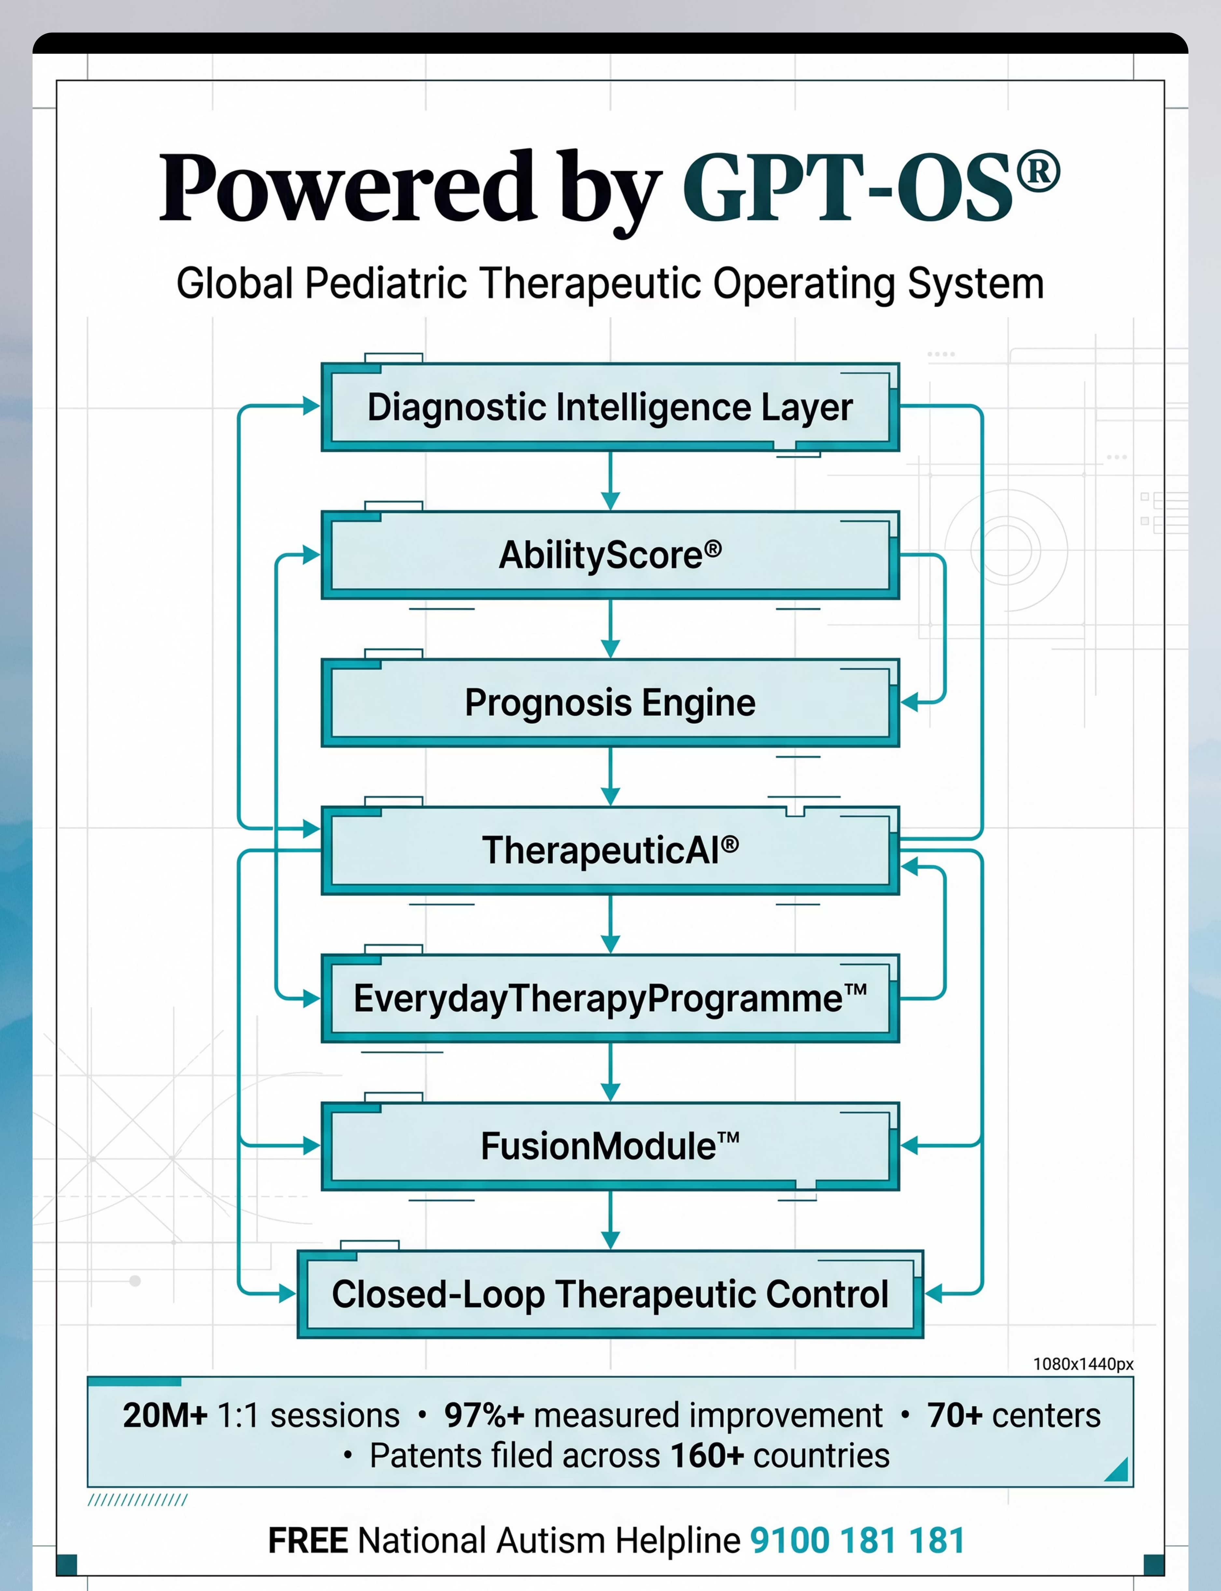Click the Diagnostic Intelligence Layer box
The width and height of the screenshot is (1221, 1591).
610,407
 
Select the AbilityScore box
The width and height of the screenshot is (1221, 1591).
610,555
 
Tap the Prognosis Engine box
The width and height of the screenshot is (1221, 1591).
610,703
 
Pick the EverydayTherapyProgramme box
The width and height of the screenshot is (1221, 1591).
610,998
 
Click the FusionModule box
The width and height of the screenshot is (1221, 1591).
610,1146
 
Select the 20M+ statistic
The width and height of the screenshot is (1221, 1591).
165,1415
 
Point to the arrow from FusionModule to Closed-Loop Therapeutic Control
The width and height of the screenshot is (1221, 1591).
610,1221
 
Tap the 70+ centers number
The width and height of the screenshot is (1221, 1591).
955,1415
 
